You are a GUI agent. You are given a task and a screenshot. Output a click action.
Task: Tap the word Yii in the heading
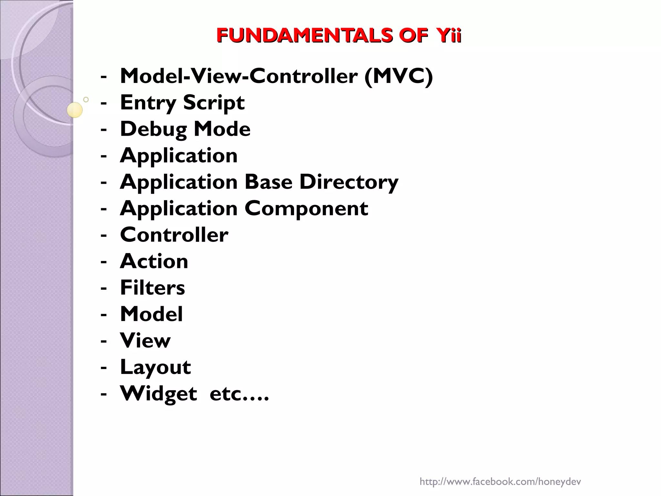[447, 36]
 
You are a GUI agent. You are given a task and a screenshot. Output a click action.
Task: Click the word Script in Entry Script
[214, 103]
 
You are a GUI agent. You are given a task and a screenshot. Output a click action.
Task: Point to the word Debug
[154, 129]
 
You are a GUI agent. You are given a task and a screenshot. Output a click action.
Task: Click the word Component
[306, 209]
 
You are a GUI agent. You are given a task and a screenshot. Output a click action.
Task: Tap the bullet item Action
[154, 261]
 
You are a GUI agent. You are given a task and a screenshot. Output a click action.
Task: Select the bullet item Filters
[152, 288]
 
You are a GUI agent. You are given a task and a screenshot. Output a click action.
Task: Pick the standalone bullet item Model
[151, 314]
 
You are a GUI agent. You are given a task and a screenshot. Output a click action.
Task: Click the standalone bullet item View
[145, 341]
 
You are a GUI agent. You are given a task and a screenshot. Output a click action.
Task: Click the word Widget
[158, 394]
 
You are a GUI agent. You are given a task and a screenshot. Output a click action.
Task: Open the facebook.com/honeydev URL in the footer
[500, 473]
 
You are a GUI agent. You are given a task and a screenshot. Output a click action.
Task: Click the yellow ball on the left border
[75, 110]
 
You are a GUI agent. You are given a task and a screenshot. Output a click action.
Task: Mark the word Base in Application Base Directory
[268, 182]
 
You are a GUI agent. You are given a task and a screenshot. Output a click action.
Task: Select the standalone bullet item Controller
[174, 235]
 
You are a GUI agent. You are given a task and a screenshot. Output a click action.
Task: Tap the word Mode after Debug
[222, 129]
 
